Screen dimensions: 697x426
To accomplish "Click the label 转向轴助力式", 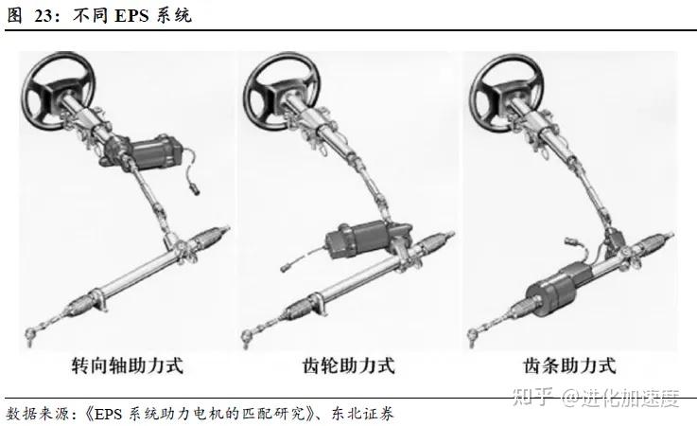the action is (x=127, y=365).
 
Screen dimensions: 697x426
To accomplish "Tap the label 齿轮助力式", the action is (x=348, y=365).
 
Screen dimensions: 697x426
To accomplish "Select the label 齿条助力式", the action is (x=569, y=365).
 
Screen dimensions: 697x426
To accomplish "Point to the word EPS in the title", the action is (x=133, y=15).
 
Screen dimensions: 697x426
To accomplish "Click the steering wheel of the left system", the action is (x=59, y=91).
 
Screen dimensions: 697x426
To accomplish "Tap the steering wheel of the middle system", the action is (x=281, y=91).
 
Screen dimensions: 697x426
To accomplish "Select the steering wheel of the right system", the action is (x=506, y=93).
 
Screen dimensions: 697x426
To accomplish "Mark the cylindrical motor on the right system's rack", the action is (x=557, y=290).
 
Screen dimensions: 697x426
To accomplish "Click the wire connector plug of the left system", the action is (x=195, y=187).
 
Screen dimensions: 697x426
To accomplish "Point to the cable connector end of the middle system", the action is (x=287, y=267).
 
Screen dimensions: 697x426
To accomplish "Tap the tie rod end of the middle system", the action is (x=248, y=337).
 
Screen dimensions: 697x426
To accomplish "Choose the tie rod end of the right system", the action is (x=475, y=337).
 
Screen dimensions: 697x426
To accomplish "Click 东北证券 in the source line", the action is (x=362, y=414).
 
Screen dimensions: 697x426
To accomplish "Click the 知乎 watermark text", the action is (x=533, y=397).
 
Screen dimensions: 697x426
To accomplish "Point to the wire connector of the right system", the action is (x=571, y=243).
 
